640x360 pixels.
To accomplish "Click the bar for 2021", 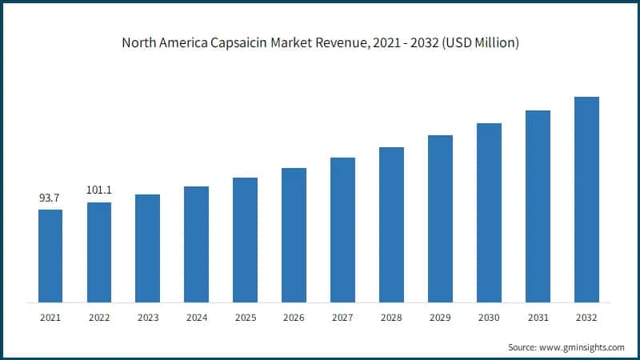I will click(50, 256).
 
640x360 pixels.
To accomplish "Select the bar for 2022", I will click(99, 252).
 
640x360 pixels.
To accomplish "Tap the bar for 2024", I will click(196, 244).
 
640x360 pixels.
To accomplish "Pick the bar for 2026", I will click(294, 235).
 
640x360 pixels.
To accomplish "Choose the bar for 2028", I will click(391, 225).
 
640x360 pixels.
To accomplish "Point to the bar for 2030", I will click(489, 213).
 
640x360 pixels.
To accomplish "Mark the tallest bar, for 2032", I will click(586, 199).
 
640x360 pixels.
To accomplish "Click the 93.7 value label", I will click(50, 197).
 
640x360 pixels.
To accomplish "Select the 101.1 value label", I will click(99, 190).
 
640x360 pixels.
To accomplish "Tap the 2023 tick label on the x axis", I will click(148, 318).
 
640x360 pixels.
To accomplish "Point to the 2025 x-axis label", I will click(245, 318).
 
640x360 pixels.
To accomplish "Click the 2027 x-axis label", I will click(342, 318).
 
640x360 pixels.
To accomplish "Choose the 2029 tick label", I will click(440, 318).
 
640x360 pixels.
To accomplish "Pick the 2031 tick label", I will click(538, 318).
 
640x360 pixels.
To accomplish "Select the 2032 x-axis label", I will click(586, 318).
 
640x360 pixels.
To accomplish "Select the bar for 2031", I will click(538, 206).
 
